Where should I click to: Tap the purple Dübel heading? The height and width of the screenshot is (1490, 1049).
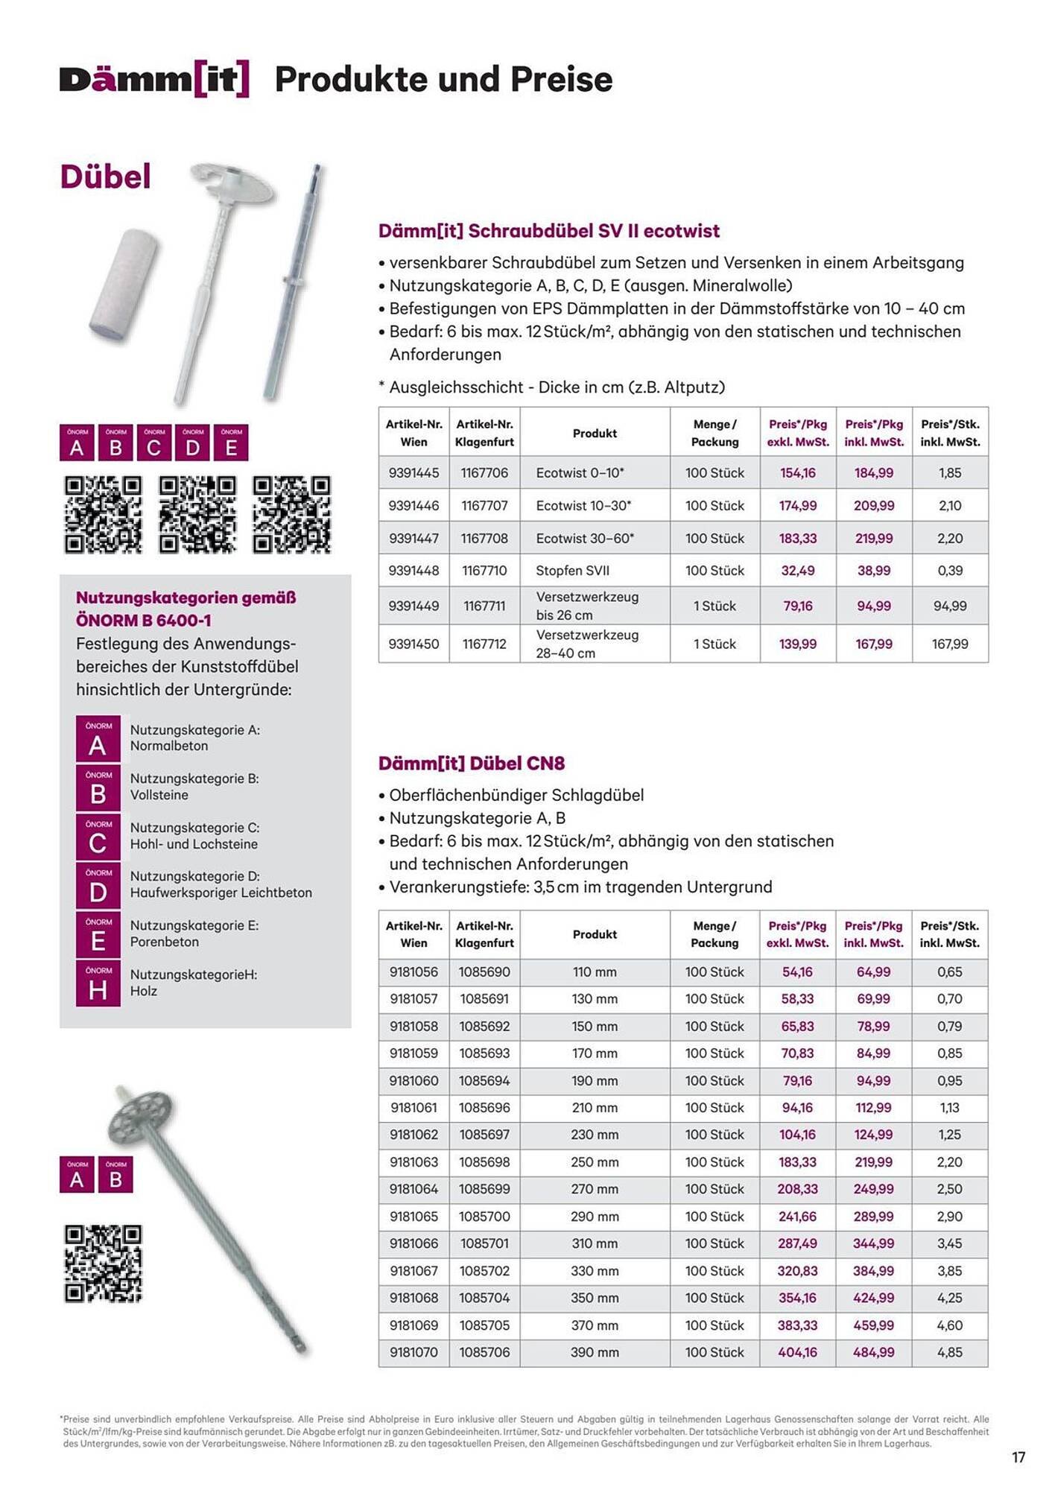(x=105, y=177)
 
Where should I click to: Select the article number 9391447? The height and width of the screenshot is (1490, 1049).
(x=413, y=538)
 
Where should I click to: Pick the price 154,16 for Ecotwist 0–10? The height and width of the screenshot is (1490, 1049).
(x=797, y=472)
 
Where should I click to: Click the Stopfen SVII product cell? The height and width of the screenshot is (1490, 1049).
(x=572, y=571)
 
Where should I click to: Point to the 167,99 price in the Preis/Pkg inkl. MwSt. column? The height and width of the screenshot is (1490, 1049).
(x=873, y=644)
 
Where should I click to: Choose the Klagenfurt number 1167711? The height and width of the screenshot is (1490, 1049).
(x=484, y=606)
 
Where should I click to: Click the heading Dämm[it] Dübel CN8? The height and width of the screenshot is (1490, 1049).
(x=471, y=763)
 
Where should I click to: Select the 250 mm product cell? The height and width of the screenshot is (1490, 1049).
(x=595, y=1161)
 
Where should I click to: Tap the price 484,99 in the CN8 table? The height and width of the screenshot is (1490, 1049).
(x=873, y=1351)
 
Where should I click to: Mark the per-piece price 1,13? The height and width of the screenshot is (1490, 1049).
(x=949, y=1107)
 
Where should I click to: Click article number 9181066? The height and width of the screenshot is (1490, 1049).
(x=413, y=1243)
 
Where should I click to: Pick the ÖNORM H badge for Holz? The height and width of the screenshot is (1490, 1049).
(x=98, y=983)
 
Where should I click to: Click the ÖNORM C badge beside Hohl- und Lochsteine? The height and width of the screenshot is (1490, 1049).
(x=98, y=837)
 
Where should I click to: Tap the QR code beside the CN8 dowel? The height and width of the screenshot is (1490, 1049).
(x=103, y=1264)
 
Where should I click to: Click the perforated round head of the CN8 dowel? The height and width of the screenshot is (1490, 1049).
(x=140, y=1115)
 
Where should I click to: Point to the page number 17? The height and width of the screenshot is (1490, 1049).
(x=1018, y=1457)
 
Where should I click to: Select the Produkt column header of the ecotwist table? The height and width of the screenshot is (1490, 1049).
(x=595, y=433)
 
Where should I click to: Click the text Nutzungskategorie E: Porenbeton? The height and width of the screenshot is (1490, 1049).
(x=194, y=933)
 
